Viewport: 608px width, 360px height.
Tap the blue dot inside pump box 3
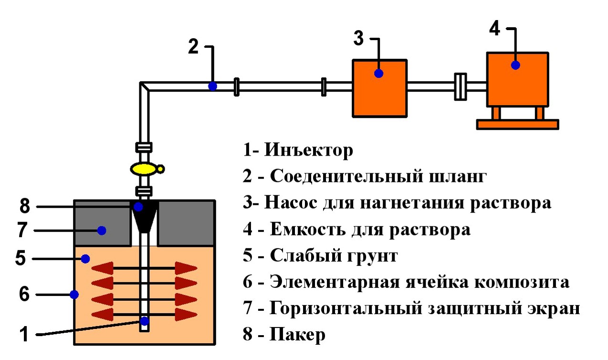(378, 74)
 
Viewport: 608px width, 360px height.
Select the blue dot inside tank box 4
(515, 65)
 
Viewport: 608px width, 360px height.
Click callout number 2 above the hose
(193, 47)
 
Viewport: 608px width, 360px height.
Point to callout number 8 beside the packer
(25, 206)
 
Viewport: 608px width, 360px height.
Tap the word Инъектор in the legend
(309, 150)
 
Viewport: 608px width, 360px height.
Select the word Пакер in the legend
(297, 334)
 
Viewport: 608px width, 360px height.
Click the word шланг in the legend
(458, 177)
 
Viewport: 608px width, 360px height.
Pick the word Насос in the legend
(291, 203)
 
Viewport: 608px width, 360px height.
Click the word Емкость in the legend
(308, 229)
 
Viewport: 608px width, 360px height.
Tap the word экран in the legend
(554, 309)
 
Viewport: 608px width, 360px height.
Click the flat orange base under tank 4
(518, 124)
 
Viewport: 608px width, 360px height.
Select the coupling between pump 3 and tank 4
(461, 86)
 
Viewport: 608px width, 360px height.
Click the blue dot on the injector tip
(145, 321)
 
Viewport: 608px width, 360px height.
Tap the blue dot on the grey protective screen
(102, 231)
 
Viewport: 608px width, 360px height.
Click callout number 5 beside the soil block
(21, 258)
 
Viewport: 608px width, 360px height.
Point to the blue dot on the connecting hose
(212, 86)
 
